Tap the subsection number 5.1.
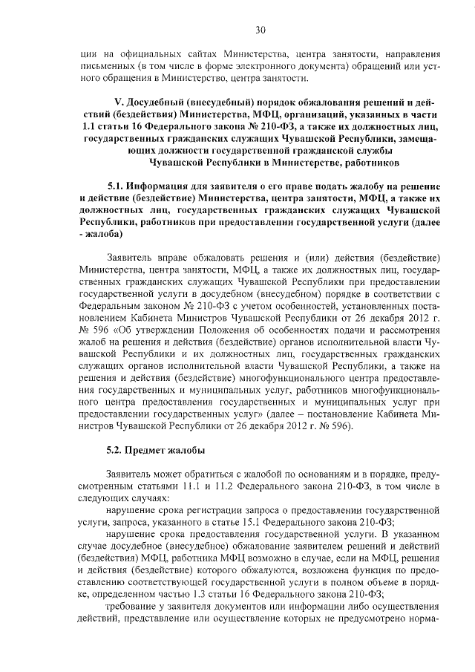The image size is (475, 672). tap(117, 186)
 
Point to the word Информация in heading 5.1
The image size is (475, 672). tap(159, 186)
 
